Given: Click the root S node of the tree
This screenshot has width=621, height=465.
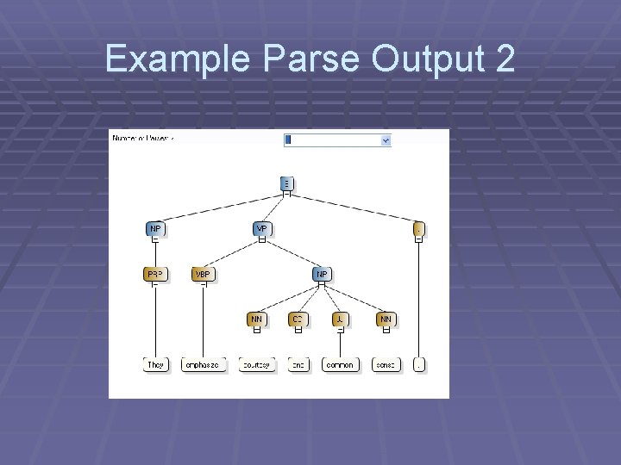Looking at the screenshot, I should (x=286, y=183).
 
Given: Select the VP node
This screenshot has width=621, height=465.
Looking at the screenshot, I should (x=261, y=229).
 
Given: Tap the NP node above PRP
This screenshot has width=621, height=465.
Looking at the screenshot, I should (x=154, y=229).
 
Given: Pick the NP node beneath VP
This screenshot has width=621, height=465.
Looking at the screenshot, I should (x=322, y=275).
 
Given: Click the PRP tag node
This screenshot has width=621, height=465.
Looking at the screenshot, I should (x=154, y=275).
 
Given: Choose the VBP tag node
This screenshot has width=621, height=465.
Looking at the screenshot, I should (x=203, y=275).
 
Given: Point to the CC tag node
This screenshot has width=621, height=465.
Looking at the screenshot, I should (x=298, y=319).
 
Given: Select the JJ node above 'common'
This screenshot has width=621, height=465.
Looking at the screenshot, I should (x=341, y=319).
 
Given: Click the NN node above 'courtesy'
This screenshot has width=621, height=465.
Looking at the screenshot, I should (x=256, y=319).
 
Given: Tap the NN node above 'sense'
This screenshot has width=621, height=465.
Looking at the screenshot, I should (x=386, y=319).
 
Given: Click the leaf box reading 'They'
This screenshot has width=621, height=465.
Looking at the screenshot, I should (x=155, y=365).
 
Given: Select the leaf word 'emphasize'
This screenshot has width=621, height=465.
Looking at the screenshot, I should (x=204, y=365).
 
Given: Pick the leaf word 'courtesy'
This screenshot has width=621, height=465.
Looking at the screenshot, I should (x=255, y=365).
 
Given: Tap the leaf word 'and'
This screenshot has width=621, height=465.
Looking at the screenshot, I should (x=298, y=365).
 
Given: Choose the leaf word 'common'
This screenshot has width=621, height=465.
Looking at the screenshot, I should (x=340, y=365).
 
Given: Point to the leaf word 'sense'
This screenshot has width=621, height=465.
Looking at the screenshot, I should (x=386, y=365).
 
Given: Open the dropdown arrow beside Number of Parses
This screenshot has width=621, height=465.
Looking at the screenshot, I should (x=385, y=139).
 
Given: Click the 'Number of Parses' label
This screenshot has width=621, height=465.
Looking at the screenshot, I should (x=141, y=138).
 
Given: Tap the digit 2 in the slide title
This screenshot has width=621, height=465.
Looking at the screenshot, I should (x=505, y=59).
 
